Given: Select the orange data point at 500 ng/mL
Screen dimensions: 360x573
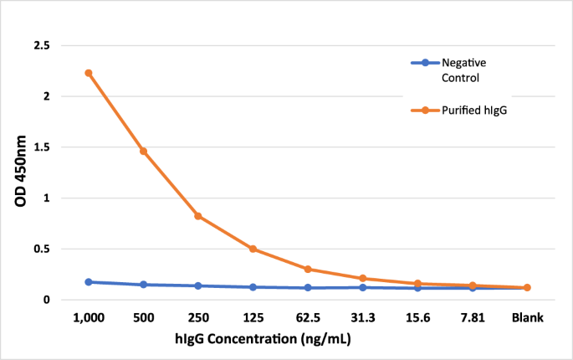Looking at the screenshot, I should (x=143, y=152).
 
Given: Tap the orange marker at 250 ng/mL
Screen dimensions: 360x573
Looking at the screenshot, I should (x=198, y=216).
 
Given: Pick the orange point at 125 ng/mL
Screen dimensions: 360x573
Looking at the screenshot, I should (x=253, y=249).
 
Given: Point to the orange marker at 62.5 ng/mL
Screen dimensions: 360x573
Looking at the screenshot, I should (x=308, y=270).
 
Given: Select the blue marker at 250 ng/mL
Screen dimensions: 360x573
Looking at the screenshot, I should (x=198, y=285).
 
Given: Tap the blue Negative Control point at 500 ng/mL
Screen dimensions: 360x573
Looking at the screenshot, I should (x=143, y=285).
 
